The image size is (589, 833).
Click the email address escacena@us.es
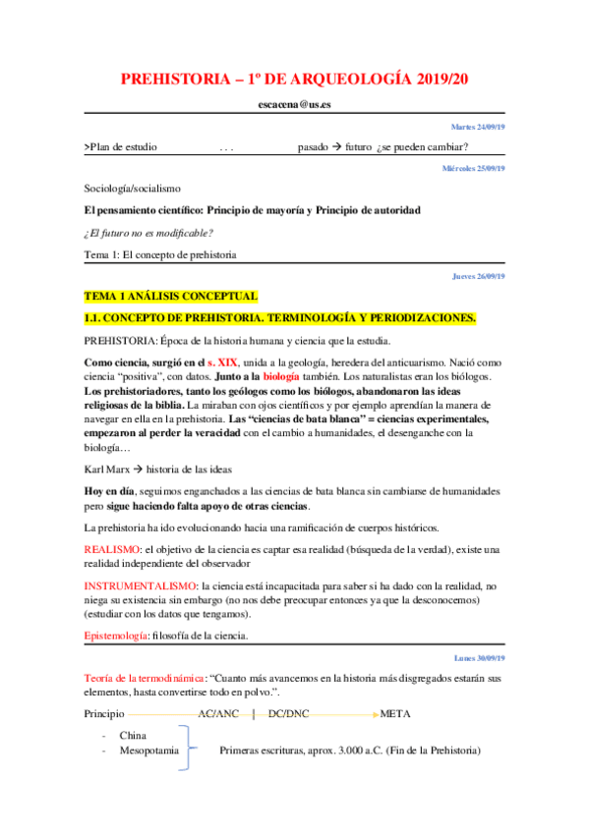(x=294, y=104)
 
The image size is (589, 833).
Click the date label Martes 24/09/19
(x=478, y=128)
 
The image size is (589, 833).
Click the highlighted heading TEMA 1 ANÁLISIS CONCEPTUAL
(x=171, y=296)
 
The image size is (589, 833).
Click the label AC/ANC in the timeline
(x=219, y=712)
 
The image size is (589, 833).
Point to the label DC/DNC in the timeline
(x=289, y=712)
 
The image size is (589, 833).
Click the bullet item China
(x=133, y=735)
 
